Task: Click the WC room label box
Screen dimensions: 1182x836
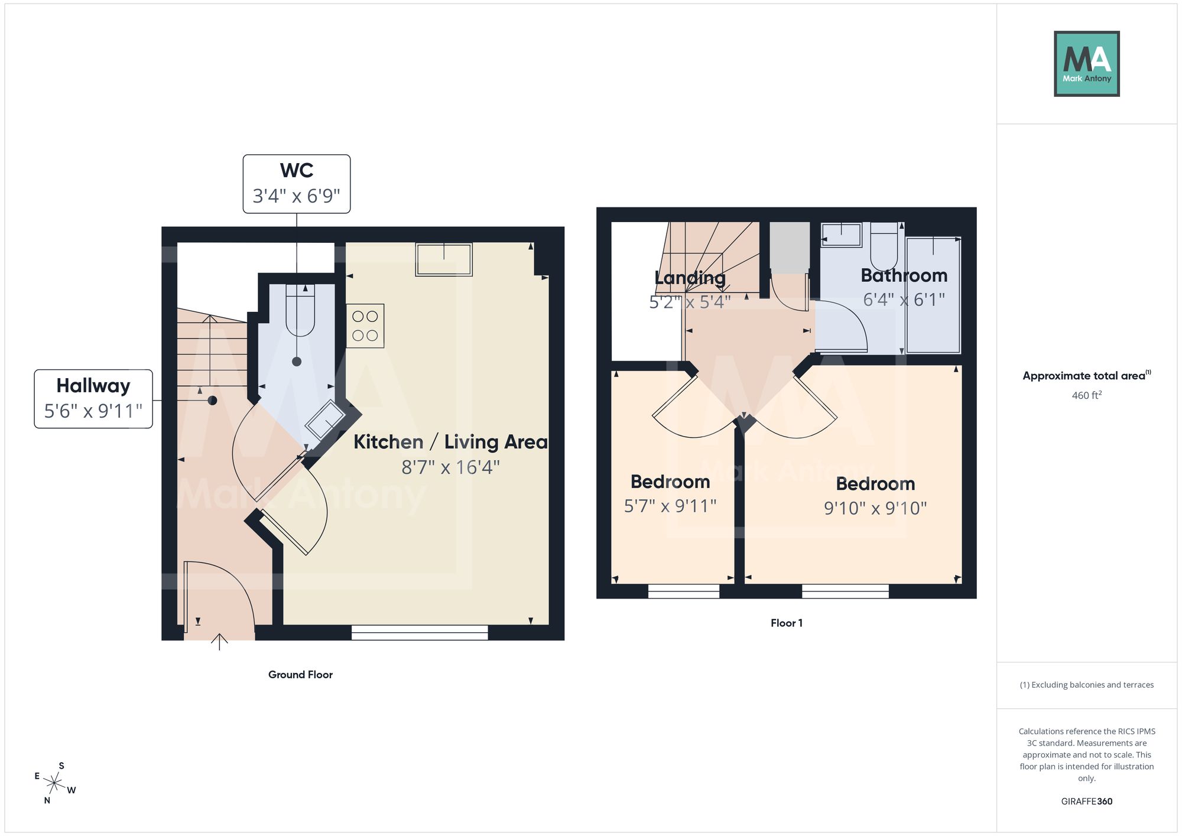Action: [297, 184]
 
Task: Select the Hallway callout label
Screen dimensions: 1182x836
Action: [93, 399]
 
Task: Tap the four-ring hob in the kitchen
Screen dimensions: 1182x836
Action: [365, 326]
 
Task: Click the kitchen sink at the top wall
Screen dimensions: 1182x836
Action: [444, 259]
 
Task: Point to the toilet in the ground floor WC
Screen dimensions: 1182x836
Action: [300, 310]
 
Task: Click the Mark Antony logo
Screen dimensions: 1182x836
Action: [1087, 64]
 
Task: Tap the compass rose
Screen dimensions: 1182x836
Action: [55, 783]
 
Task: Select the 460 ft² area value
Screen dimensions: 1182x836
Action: [1087, 395]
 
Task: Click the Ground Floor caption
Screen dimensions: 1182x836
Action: [300, 675]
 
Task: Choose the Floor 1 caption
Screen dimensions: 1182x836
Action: [787, 623]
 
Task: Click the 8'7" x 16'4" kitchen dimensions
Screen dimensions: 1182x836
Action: [451, 467]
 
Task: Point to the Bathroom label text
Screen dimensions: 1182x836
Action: [904, 275]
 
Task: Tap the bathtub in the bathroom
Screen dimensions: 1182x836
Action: [934, 295]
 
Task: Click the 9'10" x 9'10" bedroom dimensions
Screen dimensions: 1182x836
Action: [875, 508]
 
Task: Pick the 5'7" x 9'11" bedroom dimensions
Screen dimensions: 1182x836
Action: [670, 506]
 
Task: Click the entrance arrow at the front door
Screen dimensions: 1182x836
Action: [219, 642]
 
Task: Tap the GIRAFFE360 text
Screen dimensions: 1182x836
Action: [1087, 802]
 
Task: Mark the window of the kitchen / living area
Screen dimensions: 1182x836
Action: [420, 633]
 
